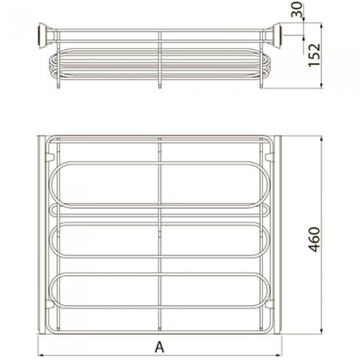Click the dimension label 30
[297, 9]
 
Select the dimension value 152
[314, 55]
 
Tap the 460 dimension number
[314, 240]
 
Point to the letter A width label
[159, 347]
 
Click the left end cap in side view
[43, 35]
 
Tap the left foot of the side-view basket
[58, 86]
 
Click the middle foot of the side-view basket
[160, 86]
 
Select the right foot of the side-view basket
[261, 86]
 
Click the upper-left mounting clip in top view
[50, 157]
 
